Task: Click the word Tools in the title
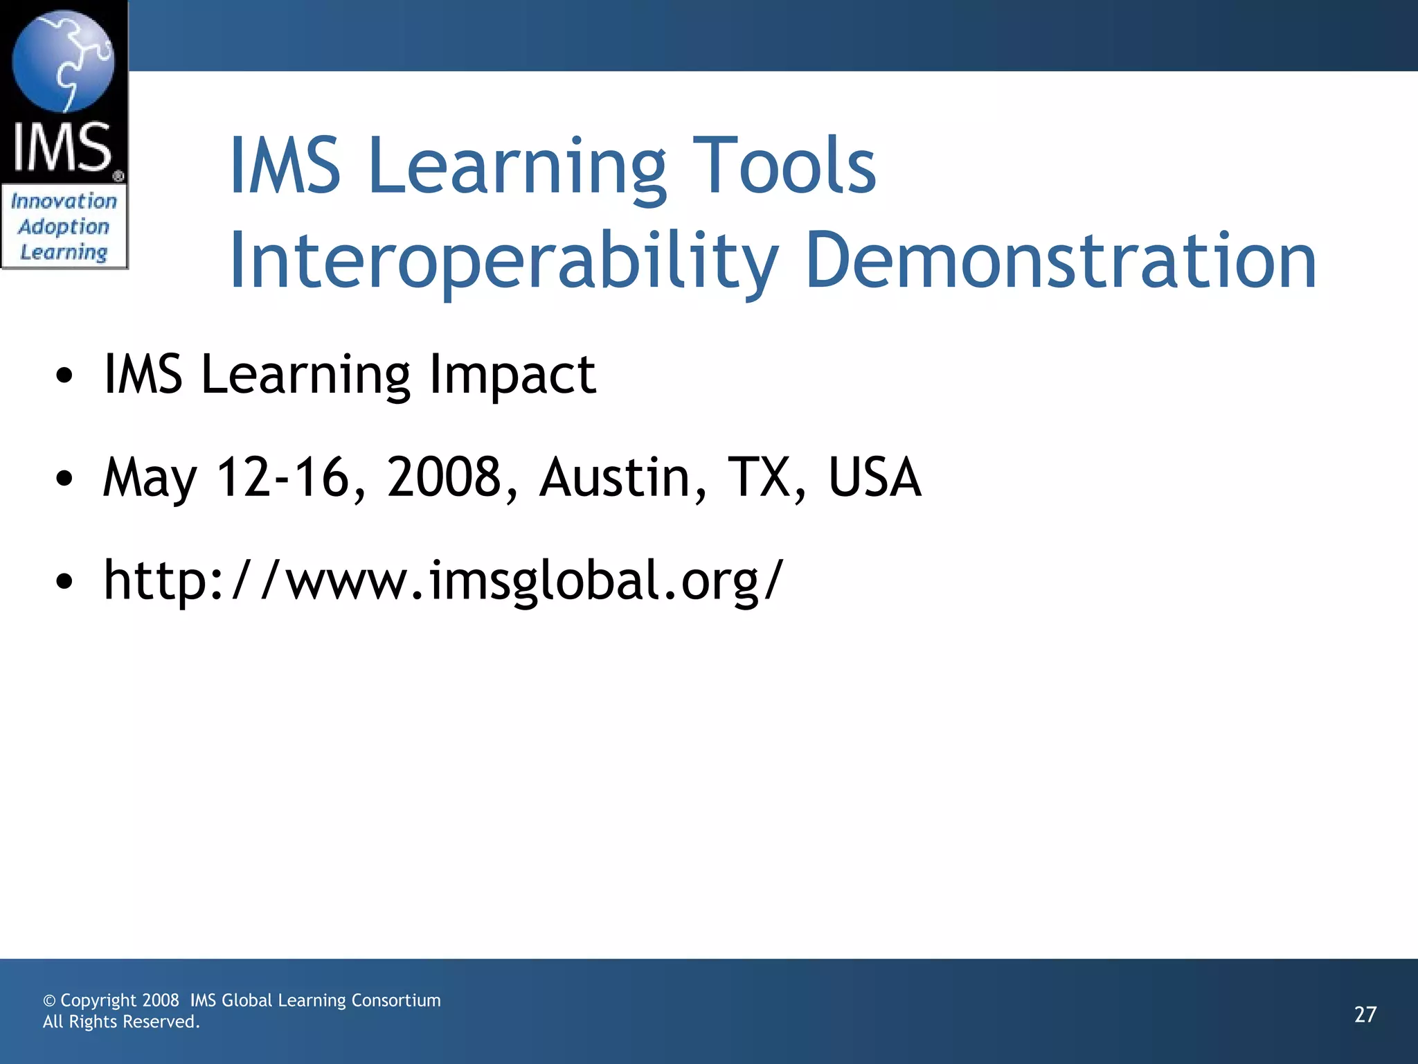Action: pyautogui.click(x=784, y=166)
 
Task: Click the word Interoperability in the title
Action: pyautogui.click(x=503, y=261)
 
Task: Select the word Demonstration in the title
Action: pyautogui.click(x=1060, y=261)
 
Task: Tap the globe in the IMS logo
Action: pyautogui.click(x=63, y=61)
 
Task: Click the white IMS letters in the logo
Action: pyautogui.click(x=62, y=148)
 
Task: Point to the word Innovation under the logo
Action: pyautogui.click(x=64, y=202)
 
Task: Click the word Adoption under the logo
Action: pyautogui.click(x=64, y=227)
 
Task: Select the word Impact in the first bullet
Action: pyautogui.click(x=512, y=375)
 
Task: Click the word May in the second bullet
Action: pyautogui.click(x=150, y=478)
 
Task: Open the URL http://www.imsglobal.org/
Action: pyautogui.click(x=443, y=580)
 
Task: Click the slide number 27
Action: pyautogui.click(x=1365, y=1015)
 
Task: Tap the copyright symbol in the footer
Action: pyautogui.click(x=49, y=1001)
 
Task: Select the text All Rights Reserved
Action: pyautogui.click(x=121, y=1022)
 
